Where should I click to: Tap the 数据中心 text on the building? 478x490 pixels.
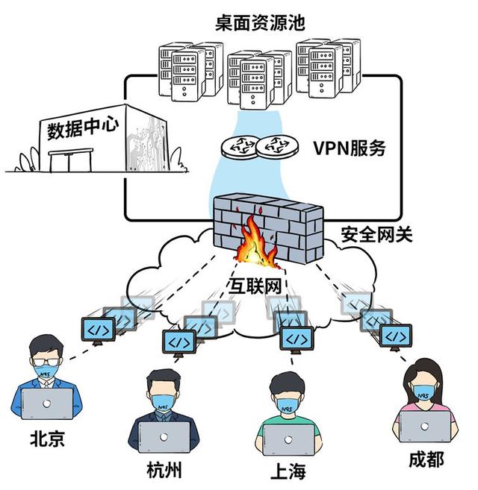[x=82, y=129]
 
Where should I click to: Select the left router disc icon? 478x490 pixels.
[x=241, y=146]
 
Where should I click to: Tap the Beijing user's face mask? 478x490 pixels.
[x=46, y=369]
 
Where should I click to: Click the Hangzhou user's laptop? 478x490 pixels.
[x=164, y=439]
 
